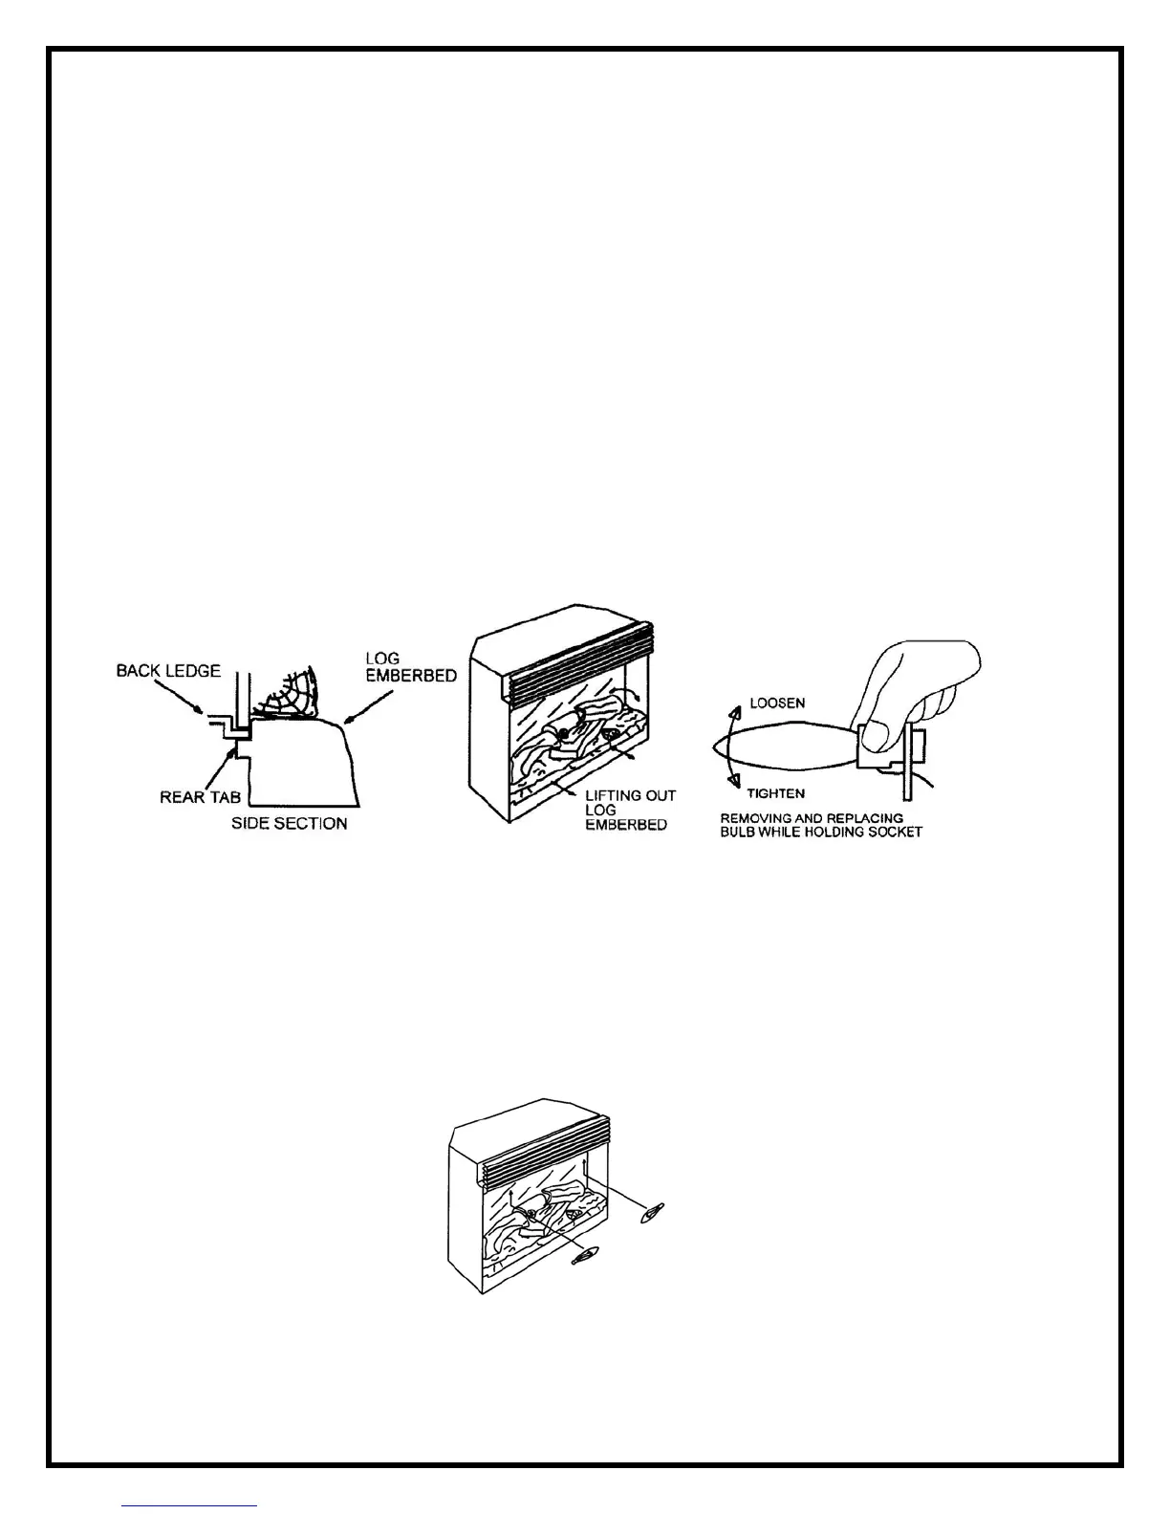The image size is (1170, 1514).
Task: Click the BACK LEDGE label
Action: pyautogui.click(x=168, y=671)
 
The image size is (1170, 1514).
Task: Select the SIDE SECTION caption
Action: pyautogui.click(x=289, y=823)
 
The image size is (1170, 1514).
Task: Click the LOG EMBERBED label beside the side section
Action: pyautogui.click(x=410, y=667)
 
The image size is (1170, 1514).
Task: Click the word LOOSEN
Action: pyautogui.click(x=777, y=703)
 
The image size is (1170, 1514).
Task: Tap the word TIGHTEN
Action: pyautogui.click(x=775, y=792)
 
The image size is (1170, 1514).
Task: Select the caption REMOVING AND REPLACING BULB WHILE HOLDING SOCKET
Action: pyautogui.click(x=820, y=825)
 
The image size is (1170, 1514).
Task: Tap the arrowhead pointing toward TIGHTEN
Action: pyautogui.click(x=734, y=783)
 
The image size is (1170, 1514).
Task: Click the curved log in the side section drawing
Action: pyautogui.click(x=292, y=698)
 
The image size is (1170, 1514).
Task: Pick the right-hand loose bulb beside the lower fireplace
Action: pyautogui.click(x=653, y=1213)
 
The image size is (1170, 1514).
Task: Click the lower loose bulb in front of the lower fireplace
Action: pyautogui.click(x=585, y=1257)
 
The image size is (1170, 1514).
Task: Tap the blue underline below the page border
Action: pyautogui.click(x=189, y=1505)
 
